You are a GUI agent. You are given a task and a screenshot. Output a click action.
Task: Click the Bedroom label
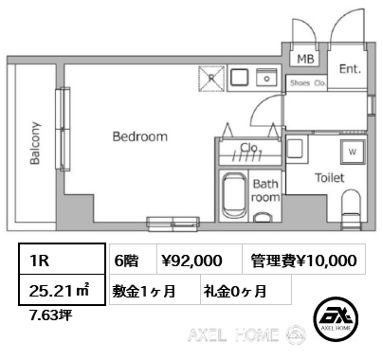140,136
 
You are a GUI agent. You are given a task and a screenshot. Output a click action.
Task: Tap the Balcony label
35,143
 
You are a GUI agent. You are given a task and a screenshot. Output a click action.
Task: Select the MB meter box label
305,59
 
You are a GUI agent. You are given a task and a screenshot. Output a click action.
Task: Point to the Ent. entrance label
350,69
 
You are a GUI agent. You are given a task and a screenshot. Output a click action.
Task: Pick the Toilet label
330,178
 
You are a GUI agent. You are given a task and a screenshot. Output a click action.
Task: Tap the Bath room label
265,190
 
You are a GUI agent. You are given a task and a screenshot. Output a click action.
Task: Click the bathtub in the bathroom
234,195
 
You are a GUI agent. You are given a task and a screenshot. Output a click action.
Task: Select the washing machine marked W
353,153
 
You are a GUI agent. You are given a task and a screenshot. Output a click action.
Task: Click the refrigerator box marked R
211,79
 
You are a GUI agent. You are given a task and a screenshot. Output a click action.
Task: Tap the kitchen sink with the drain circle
266,78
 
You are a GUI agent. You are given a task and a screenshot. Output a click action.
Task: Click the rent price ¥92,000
192,261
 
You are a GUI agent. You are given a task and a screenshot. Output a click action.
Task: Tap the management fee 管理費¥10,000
303,261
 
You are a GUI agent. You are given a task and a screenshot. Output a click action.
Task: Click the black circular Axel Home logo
336,318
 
